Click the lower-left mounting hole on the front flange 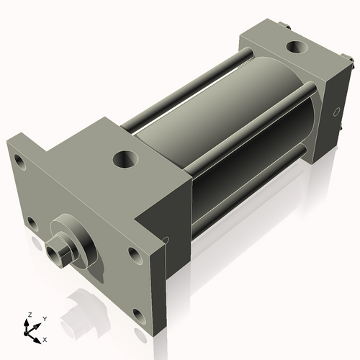pos(30,222)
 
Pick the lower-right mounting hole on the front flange pos(135,253)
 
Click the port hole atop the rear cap pos(295,48)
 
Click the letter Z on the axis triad pos(30,315)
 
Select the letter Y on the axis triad pos(44,318)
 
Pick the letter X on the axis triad pos(45,338)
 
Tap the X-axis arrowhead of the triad pos(38,336)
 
